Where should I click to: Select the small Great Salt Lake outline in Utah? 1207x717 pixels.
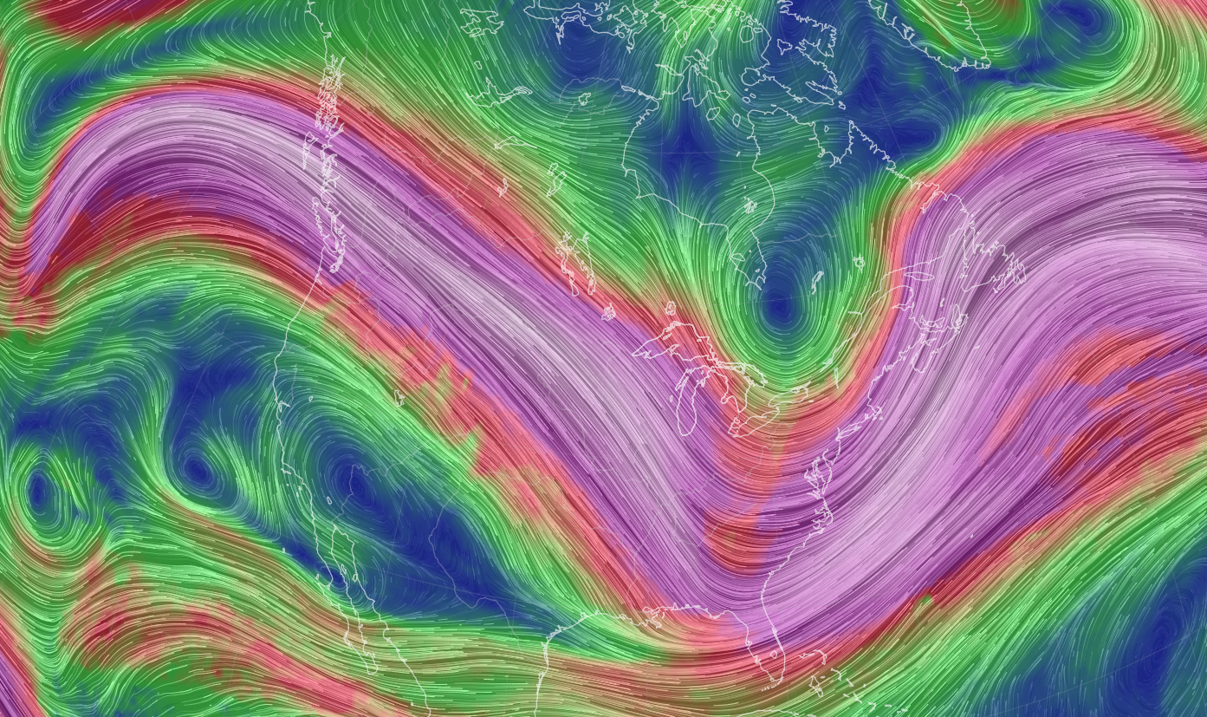click(399, 399)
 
